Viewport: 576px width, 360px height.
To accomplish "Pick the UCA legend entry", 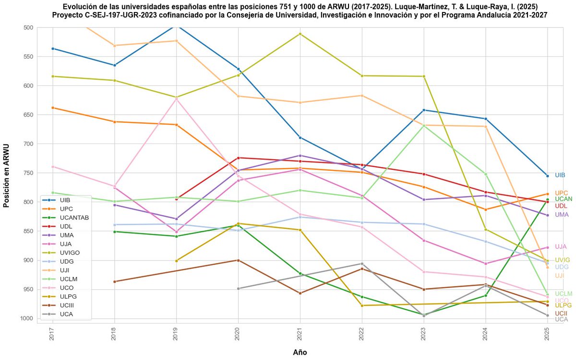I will [67, 314].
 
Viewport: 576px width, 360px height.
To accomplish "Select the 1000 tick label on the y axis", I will [27, 319].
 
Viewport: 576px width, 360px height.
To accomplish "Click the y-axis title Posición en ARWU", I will [6, 175].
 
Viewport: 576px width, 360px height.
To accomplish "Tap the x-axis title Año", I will [300, 352].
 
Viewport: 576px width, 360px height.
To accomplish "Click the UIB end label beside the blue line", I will [560, 175].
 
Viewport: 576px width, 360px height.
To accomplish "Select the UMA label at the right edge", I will [562, 215].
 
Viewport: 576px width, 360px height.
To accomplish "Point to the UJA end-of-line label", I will [561, 247].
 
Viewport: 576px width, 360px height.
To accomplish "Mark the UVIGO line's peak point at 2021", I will [300, 34].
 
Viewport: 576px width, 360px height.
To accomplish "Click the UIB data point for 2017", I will [52, 48].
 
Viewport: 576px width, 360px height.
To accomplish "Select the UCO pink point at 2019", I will [176, 98].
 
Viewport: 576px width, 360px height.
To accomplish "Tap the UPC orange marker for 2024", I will [486, 209].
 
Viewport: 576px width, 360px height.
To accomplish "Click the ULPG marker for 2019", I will [176, 261].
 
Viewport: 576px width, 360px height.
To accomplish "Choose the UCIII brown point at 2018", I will [114, 281].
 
